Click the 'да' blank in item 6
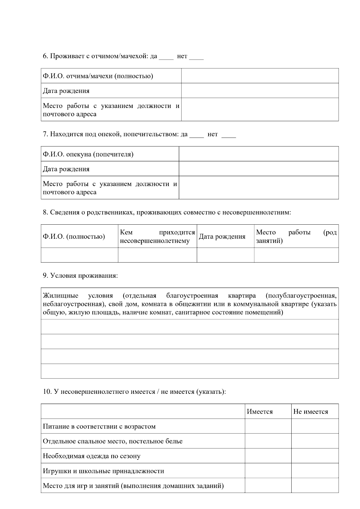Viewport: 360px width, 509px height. click(166, 57)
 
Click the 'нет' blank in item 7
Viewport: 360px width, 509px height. click(229, 135)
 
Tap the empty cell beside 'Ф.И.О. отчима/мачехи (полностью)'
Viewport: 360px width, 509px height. click(260, 76)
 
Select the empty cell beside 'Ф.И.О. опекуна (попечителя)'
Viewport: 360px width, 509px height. click(259, 154)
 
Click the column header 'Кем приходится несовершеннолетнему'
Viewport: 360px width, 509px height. click(157, 236)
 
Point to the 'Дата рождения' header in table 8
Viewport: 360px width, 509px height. click(222, 237)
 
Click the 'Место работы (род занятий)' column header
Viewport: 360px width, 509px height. click(296, 236)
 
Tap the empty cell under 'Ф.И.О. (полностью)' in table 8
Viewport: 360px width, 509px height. click(79, 255)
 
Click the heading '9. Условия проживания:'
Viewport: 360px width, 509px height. click(80, 276)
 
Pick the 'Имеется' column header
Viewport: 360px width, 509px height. click(260, 412)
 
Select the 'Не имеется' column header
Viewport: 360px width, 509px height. click(311, 412)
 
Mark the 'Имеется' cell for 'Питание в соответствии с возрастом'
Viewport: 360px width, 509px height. click(268, 427)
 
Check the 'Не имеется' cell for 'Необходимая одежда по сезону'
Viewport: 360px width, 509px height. click(315, 456)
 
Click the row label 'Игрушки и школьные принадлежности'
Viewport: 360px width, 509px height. click(103, 471)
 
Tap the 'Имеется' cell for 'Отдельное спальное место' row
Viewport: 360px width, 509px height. click(268, 441)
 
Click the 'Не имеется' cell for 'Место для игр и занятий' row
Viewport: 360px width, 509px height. click(315, 486)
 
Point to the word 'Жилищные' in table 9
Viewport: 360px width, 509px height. click(61, 296)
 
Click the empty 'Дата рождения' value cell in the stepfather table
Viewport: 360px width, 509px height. click(260, 91)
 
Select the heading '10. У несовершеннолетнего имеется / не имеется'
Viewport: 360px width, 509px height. click(134, 392)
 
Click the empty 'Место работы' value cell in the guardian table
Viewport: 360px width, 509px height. click(259, 188)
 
